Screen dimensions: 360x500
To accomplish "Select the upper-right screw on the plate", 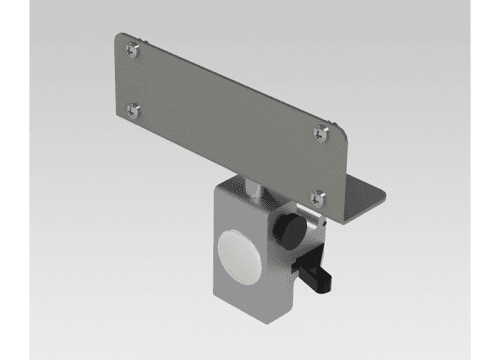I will pyautogui.click(x=320, y=128).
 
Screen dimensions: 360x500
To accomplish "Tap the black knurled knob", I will pyautogui.click(x=290, y=229).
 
